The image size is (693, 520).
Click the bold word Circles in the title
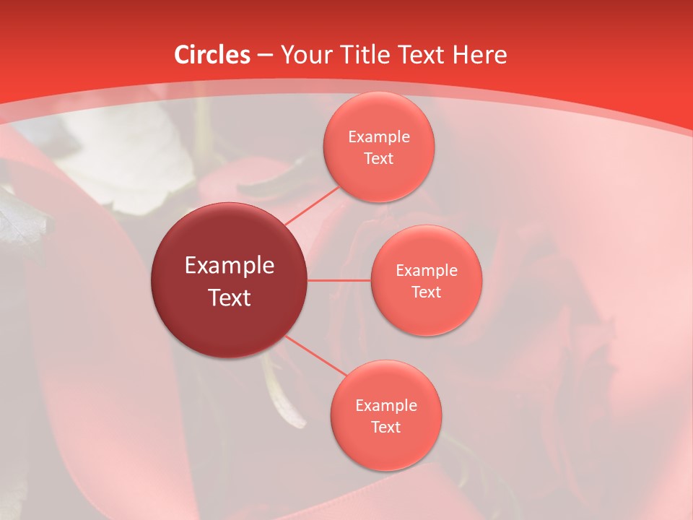coord(212,55)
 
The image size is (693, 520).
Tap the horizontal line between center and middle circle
coord(339,280)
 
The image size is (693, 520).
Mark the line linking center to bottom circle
coord(315,355)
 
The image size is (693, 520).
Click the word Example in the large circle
coord(230,266)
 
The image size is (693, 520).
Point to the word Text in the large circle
coord(230,298)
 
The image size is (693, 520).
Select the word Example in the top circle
coord(379,137)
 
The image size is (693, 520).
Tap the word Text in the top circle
coord(379,159)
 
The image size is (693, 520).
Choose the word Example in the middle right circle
coord(427,271)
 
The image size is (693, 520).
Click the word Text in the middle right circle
coord(427,292)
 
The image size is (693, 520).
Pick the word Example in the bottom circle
coord(386,406)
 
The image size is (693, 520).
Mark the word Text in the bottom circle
coord(386,428)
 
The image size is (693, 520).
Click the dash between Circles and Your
coord(265,55)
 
